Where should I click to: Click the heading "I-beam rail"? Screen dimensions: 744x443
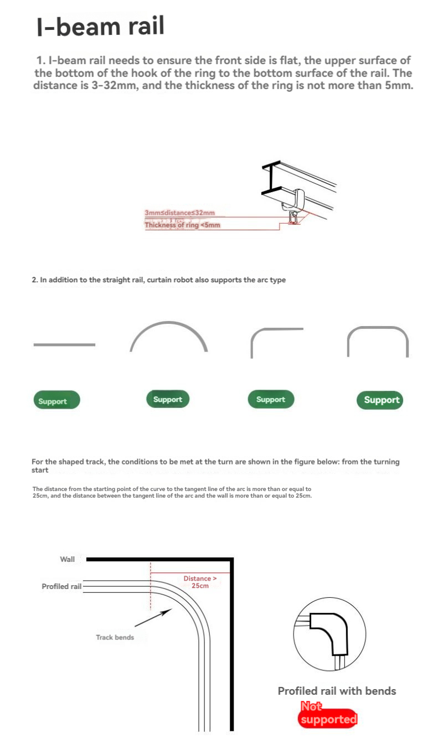click(101, 27)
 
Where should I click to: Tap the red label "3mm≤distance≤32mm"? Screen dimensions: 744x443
click(179, 213)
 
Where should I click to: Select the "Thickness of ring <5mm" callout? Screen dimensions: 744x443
click(182, 225)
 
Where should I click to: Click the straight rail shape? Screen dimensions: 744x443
click(64, 345)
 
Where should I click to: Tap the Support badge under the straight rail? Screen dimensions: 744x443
click(56, 400)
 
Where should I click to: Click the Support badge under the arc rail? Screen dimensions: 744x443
click(168, 399)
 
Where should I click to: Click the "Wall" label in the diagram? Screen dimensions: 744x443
click(68, 559)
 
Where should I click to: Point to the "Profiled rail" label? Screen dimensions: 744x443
click(61, 586)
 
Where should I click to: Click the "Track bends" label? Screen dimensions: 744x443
click(115, 637)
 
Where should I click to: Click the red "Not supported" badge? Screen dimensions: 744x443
click(328, 715)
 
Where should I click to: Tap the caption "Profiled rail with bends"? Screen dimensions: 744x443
click(337, 691)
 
